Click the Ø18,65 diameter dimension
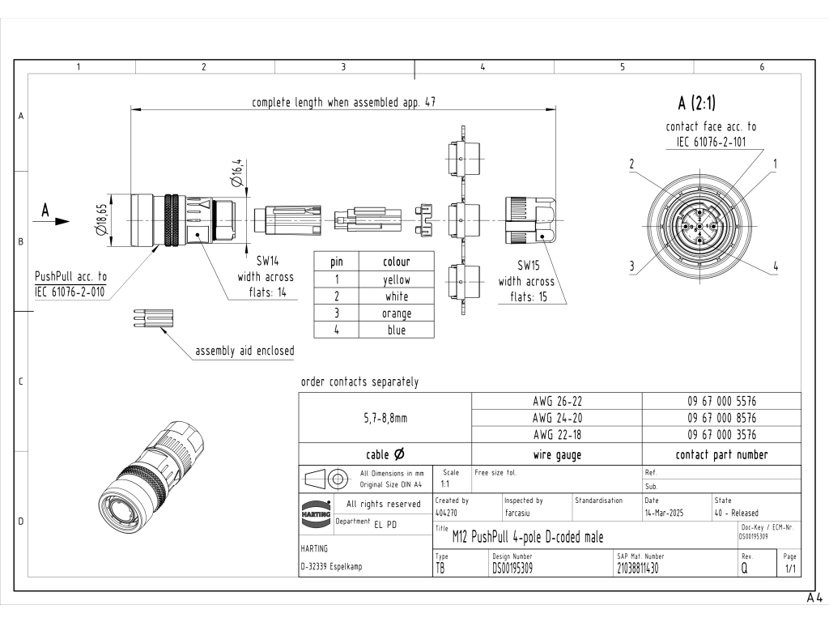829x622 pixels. tap(101, 220)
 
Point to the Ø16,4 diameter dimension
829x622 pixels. tap(237, 173)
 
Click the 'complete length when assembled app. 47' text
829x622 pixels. tap(343, 102)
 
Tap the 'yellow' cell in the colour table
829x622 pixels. tap(397, 279)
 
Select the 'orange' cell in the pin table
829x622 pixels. tap(397, 313)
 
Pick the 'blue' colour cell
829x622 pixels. tap(397, 330)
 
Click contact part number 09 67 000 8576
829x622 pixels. tap(721, 418)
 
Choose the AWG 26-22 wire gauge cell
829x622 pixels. tap(557, 401)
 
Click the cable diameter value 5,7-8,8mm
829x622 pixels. tap(385, 418)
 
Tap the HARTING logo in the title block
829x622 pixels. tap(316, 513)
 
